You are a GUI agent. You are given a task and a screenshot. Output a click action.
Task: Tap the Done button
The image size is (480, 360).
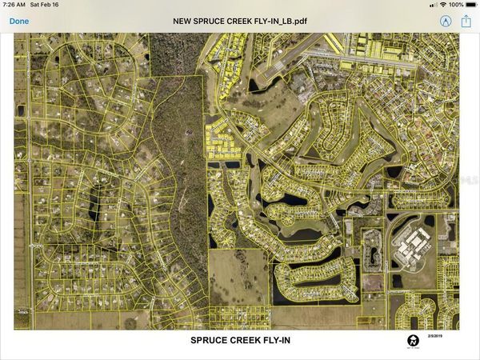[x=19, y=21]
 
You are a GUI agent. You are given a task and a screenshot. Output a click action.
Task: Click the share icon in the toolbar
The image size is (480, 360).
[x=466, y=21]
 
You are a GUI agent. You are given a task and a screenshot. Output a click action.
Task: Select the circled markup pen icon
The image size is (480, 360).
[x=445, y=21]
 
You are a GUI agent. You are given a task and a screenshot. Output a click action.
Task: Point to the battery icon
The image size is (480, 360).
[x=470, y=5]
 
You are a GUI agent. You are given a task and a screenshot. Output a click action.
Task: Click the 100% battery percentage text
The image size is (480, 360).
[x=456, y=5]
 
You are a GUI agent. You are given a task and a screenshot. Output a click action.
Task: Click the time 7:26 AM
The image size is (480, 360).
[x=14, y=5]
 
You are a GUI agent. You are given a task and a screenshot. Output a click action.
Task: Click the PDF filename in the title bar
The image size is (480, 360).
[x=239, y=21]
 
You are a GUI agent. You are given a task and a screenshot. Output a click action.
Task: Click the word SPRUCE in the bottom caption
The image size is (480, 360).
[x=209, y=340]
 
